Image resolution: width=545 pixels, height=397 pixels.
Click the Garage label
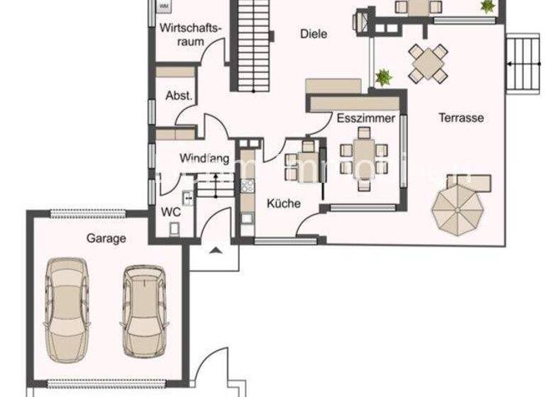pos(106,239)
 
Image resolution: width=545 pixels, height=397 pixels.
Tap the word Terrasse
pos(461,118)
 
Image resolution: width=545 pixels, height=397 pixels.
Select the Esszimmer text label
pos(365,118)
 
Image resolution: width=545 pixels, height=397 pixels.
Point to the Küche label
pos(283,203)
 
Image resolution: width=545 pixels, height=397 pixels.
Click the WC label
pos(170,211)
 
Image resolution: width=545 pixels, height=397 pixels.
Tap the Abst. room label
pos(179,96)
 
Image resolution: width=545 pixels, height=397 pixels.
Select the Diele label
pos(314,33)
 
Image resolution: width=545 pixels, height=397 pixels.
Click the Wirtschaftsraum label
pos(191,35)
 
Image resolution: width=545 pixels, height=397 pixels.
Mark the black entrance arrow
pos(216,249)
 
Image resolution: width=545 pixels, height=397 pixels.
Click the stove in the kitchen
pos(248,186)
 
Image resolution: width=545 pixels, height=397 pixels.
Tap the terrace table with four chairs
pos(428,64)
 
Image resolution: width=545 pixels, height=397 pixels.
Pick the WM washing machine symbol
pos(163,6)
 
